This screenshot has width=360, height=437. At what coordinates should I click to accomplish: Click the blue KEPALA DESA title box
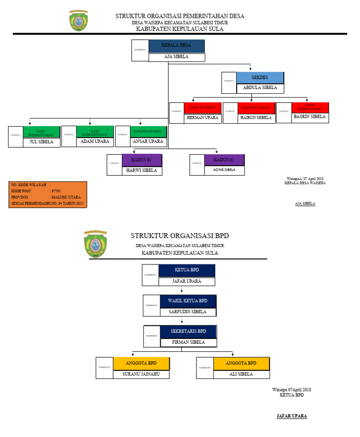coord(176,46)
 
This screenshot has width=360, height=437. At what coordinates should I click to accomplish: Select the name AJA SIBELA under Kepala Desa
coord(176,57)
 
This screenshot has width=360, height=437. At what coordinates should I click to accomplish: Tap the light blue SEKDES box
coord(260,77)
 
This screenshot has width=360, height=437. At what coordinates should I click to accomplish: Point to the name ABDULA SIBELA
coord(260,88)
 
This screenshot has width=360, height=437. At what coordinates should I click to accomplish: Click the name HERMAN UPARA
coord(202,118)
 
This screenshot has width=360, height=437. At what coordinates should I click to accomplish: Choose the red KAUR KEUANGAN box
coord(256,107)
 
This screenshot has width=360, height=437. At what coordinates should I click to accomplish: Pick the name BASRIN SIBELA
coord(309,117)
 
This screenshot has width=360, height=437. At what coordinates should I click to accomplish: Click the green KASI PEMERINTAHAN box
coord(42,132)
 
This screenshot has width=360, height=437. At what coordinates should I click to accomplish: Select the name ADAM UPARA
coord(95,142)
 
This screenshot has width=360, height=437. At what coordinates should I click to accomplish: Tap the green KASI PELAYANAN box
coord(149,131)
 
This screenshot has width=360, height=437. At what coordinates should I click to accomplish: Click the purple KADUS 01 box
coord(142,160)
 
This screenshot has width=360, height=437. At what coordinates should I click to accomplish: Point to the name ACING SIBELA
coord(224,170)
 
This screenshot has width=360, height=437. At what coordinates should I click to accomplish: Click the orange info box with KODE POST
coord(48,195)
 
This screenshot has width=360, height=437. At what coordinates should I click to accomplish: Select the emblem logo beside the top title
coord(78,21)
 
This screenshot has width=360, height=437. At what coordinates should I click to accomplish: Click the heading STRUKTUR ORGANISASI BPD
coord(180,236)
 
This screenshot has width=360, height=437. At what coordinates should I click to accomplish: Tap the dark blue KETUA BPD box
coord(187,271)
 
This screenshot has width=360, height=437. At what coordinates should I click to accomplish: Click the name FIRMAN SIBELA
coord(188,343)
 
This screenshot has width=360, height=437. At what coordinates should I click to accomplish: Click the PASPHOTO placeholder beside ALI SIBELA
coord(205,368)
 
